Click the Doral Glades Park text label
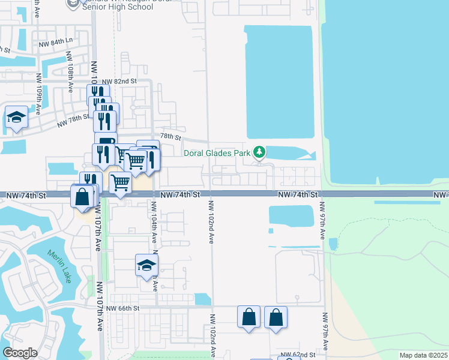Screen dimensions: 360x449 pos(217,153)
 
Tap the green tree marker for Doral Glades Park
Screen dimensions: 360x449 pos(259,152)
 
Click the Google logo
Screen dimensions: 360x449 pos(20,353)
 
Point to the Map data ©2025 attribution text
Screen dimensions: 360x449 pos(423,355)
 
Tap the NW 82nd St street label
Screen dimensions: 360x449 pos(119,81)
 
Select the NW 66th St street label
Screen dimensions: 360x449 pos(122,308)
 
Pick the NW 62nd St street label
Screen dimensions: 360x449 pos(300,355)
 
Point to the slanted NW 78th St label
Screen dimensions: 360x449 pos(73,121)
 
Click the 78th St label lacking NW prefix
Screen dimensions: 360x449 pos(170,137)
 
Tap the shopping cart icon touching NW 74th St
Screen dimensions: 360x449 pos(120,182)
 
